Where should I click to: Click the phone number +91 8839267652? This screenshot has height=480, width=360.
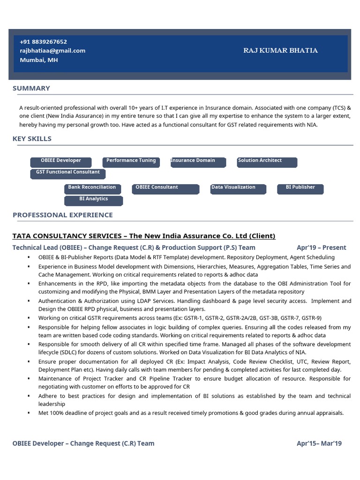coord(43,42)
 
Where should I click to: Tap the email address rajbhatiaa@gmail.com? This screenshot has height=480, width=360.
coord(52,51)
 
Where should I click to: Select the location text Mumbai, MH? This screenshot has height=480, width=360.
coord(39,60)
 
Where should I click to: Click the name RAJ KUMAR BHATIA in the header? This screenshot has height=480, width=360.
coord(280,51)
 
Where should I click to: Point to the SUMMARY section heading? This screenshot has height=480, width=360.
coord(31,88)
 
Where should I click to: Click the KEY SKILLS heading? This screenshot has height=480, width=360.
coord(32,139)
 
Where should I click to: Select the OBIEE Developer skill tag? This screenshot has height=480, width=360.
coord(60,162)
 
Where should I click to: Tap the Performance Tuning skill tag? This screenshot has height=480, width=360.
coord(131,162)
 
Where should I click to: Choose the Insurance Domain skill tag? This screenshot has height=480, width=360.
coord(197,162)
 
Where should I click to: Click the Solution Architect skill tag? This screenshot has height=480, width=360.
coord(267,162)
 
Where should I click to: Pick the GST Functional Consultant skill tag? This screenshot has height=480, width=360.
coord(68,173)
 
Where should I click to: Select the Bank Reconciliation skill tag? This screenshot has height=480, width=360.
coord(92,188)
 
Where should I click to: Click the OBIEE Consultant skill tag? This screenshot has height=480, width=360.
coord(159,188)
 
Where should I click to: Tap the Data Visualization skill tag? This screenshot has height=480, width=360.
coord(238,188)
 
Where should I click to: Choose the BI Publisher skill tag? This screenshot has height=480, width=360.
coord(300,188)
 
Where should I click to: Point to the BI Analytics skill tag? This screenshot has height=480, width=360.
coord(93,200)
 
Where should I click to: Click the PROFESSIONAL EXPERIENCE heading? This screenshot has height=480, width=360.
coord(63,215)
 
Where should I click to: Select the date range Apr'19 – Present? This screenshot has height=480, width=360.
coord(321,247)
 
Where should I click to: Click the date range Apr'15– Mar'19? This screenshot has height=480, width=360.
coord(319,443)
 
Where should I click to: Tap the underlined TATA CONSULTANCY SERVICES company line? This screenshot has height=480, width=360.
coord(144,236)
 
